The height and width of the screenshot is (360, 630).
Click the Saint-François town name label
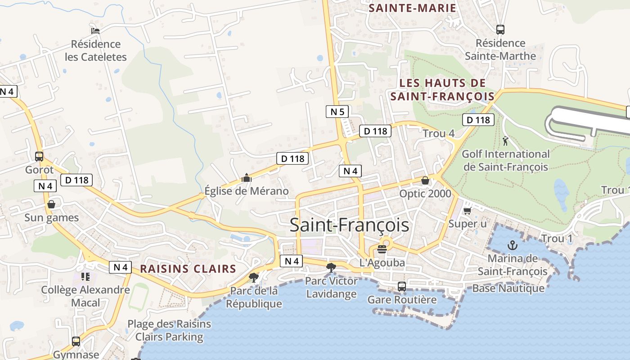pyautogui.click(x=349, y=225)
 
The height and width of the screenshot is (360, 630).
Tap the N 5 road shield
pyautogui.click(x=337, y=112)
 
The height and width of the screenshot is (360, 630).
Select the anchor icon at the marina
pyautogui.click(x=512, y=245)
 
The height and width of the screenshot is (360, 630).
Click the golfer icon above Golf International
pyautogui.click(x=505, y=141)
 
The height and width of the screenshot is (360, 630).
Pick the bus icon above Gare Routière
pyautogui.click(x=402, y=287)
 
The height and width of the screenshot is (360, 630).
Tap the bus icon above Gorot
pyautogui.click(x=39, y=157)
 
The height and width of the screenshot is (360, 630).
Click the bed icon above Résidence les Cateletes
pyautogui.click(x=95, y=31)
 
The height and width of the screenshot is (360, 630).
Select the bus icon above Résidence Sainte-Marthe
pyautogui.click(x=500, y=30)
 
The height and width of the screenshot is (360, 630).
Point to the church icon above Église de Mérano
pyautogui.click(x=246, y=178)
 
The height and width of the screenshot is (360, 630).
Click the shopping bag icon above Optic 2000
pyautogui.click(x=425, y=180)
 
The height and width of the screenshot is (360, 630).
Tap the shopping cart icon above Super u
pyautogui.click(x=467, y=211)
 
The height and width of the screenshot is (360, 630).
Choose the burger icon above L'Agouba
pyautogui.click(x=382, y=249)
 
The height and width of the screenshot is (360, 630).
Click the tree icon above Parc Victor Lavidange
pyautogui.click(x=331, y=268)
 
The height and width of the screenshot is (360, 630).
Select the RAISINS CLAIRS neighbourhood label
pyautogui.click(x=188, y=269)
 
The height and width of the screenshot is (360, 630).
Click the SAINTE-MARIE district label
pyautogui.click(x=413, y=8)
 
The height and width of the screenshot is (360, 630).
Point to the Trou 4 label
pyautogui.click(x=439, y=134)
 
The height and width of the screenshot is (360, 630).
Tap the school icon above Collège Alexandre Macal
pyautogui.click(x=85, y=276)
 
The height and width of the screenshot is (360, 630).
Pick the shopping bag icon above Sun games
pyautogui.click(x=51, y=204)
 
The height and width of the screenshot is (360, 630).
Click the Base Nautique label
pyautogui.click(x=508, y=288)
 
